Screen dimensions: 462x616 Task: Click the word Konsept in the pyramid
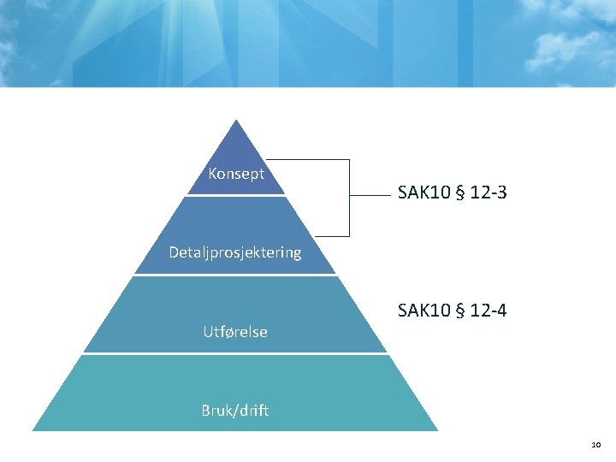point(236,174)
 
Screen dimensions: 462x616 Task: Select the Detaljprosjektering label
point(235,252)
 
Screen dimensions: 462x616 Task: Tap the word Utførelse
point(235,331)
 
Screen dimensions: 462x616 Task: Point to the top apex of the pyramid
point(235,121)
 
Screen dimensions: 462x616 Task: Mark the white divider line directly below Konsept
point(235,196)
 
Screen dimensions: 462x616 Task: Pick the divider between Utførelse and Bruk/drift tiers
point(235,353)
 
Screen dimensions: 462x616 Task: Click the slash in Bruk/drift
point(234,410)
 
